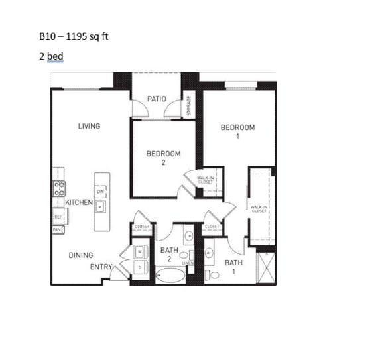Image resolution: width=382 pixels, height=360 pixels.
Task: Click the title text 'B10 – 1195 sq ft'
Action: point(74,36)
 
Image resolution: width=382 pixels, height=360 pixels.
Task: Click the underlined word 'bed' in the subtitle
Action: point(55,56)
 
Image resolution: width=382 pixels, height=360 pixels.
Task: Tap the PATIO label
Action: point(157,99)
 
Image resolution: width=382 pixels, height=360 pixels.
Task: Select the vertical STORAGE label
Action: point(189,105)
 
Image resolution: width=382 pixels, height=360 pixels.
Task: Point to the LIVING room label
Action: point(89,126)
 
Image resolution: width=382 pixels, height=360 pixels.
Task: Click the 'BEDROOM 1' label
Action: point(237,131)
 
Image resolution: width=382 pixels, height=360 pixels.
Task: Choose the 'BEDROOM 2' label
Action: point(163,158)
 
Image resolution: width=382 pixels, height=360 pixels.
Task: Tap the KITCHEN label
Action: point(79,202)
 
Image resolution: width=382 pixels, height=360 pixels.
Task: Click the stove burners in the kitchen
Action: point(59,188)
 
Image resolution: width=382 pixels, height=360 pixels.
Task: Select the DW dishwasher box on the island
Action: point(101,192)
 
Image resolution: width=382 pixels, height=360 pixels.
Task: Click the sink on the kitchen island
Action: point(99,207)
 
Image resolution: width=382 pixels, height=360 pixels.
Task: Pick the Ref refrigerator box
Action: point(58,217)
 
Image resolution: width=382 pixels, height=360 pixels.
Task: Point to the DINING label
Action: point(81,255)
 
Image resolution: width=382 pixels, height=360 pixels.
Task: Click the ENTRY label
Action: point(100,267)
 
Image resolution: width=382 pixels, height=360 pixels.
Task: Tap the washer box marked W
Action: point(140,252)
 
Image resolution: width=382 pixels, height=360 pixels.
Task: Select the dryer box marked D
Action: point(140,267)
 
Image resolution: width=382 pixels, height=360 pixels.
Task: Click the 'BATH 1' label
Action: point(233,267)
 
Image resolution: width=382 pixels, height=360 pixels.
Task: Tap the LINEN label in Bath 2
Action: point(187,263)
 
